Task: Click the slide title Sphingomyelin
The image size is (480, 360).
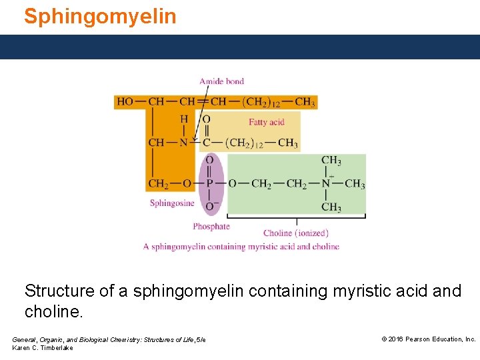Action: pos(100,15)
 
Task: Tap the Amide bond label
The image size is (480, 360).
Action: pos(221,81)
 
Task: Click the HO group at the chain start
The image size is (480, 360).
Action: pos(125,102)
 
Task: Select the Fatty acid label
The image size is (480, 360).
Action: pos(267,122)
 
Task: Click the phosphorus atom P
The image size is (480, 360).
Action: pos(209,183)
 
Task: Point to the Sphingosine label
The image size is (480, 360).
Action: pos(172,203)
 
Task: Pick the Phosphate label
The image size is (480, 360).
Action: pos(211,227)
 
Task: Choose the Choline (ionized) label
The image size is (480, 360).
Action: pos(295,233)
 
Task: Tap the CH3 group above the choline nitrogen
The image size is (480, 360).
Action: pos(331,160)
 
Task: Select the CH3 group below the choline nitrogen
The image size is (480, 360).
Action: pos(331,207)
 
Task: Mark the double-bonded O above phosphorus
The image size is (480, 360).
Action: pos(209,160)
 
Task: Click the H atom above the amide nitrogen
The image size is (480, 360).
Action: pos(184,119)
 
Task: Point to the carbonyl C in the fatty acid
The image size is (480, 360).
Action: pos(206,143)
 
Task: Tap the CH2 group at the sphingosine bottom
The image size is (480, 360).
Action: pos(159,183)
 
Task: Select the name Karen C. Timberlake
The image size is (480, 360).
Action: pos(43,348)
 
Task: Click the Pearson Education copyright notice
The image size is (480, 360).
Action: pos(428,339)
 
